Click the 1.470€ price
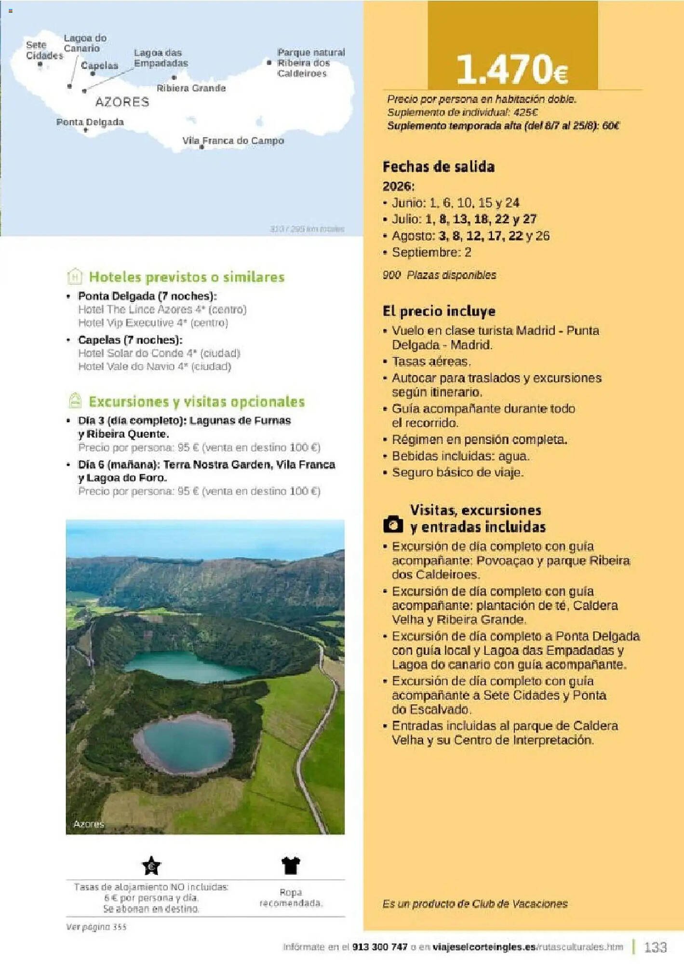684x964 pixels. (512, 69)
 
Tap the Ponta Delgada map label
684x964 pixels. (90, 122)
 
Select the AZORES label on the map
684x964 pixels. (122, 102)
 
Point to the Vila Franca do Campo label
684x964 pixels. (233, 141)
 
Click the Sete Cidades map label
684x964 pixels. (44, 50)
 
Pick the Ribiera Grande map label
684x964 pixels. (191, 88)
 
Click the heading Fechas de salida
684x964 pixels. (438, 167)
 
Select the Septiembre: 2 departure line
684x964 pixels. (431, 252)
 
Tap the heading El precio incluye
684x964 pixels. (439, 311)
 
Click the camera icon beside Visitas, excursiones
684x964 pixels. (393, 524)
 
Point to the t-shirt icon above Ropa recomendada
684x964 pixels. (291, 865)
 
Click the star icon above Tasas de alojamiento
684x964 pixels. (151, 866)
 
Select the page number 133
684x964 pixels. (656, 947)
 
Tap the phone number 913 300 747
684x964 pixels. (380, 947)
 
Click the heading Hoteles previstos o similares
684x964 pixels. (187, 277)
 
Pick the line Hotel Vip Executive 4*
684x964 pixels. (153, 322)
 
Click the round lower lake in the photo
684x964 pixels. (184, 742)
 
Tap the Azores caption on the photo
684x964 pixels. (89, 824)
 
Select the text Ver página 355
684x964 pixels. (96, 927)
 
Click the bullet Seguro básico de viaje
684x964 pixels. (457, 472)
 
